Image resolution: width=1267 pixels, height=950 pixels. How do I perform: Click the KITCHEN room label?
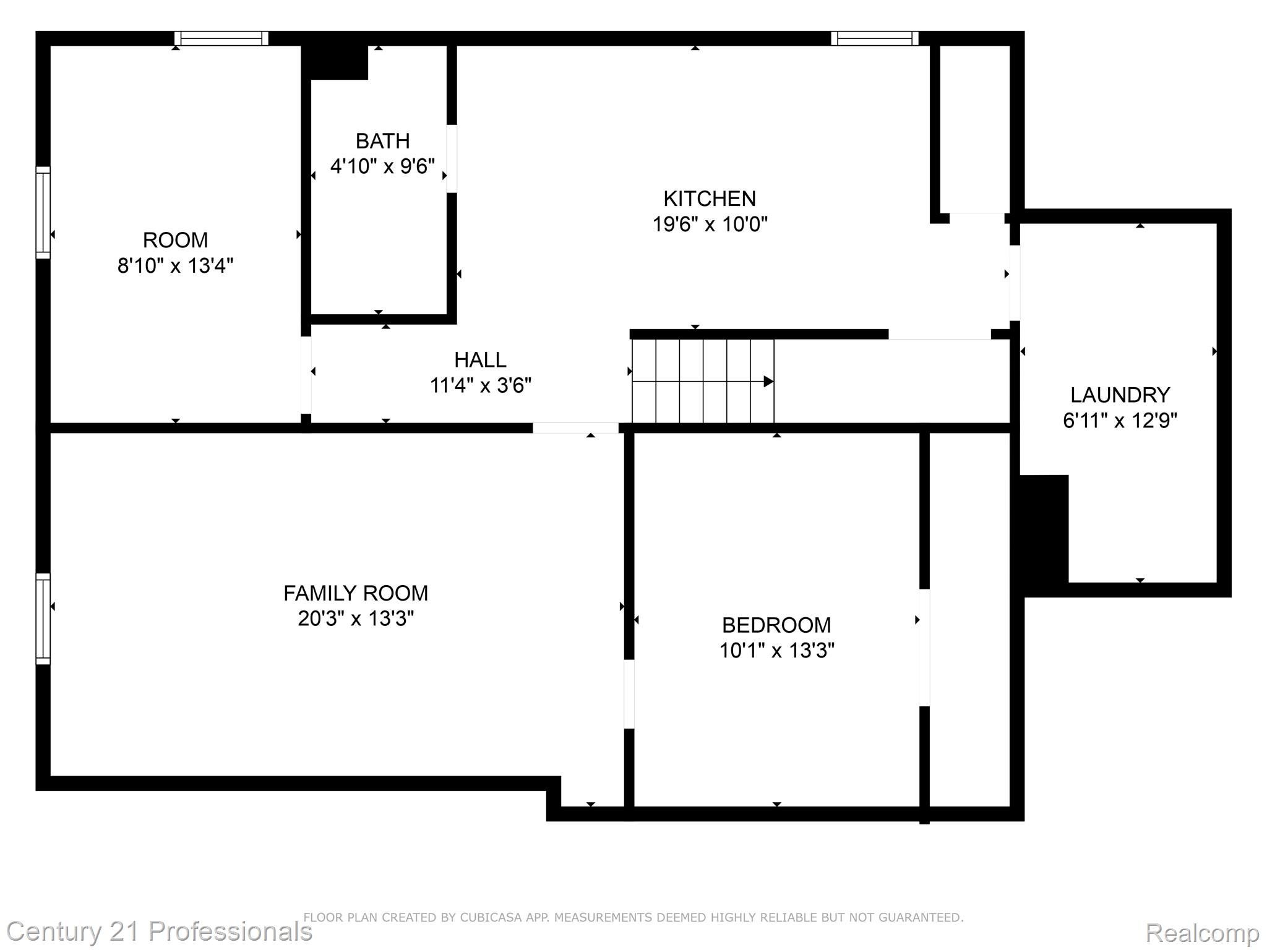tap(710, 199)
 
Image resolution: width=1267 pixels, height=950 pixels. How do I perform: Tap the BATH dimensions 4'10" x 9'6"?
tap(382, 166)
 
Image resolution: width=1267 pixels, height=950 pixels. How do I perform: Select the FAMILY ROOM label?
tap(356, 593)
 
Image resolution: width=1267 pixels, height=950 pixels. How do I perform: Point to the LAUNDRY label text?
tap(1120, 395)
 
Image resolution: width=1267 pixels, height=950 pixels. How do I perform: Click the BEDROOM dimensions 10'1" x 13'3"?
tap(776, 651)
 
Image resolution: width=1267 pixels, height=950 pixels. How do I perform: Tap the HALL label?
tap(480, 359)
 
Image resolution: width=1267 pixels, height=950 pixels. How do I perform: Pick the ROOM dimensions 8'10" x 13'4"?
tap(175, 266)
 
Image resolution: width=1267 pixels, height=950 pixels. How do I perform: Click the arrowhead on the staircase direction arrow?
tap(768, 382)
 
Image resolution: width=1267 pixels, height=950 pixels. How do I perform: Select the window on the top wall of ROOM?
tap(221, 38)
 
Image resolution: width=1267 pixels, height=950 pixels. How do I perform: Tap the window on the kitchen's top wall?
tap(875, 38)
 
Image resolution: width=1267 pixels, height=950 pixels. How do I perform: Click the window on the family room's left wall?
tap(43, 618)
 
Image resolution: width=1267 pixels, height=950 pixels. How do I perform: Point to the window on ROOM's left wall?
tap(43, 212)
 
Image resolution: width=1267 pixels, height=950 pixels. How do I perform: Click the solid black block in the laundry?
tap(1044, 529)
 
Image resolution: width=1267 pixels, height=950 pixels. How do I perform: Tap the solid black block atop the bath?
tap(338, 62)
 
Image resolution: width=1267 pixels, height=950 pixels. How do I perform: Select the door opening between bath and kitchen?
tap(452, 158)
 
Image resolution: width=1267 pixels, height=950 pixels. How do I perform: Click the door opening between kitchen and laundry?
tap(1015, 283)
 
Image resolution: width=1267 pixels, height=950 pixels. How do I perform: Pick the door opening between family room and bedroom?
tap(629, 694)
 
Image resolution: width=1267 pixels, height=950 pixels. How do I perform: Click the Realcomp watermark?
tap(1202, 932)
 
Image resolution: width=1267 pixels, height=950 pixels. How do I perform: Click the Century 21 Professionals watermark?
tap(159, 931)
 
